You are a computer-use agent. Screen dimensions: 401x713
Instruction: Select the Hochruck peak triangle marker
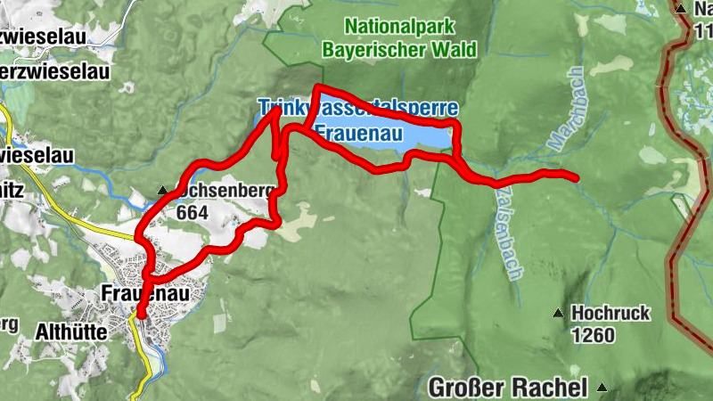click(x=559, y=314)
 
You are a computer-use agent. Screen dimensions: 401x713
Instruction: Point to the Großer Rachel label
click(x=508, y=388)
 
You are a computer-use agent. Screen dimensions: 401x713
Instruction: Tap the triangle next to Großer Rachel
click(x=602, y=388)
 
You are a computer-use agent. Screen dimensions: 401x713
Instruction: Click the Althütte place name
click(x=70, y=332)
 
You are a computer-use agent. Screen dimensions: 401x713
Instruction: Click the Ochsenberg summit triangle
click(x=162, y=191)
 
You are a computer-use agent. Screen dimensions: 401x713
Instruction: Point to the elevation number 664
click(x=191, y=212)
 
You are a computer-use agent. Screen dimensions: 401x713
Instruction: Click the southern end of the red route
click(x=140, y=314)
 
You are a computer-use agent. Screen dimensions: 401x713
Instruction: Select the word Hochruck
click(x=611, y=314)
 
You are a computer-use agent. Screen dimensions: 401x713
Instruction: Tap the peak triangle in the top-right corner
click(x=681, y=10)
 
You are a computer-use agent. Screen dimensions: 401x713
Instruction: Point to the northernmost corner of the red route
click(x=316, y=87)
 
